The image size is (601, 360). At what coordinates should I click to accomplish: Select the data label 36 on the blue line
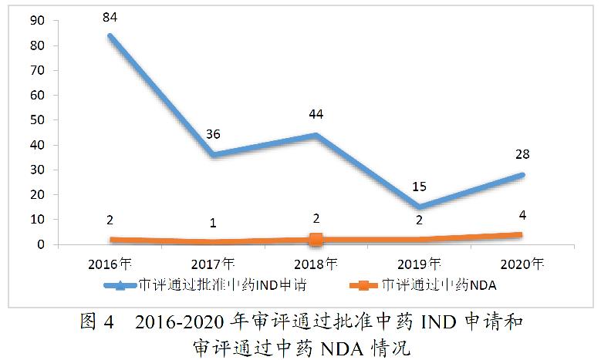pos(213,133)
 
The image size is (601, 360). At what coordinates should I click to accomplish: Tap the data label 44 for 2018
pos(316,113)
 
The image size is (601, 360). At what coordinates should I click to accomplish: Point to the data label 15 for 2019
pos(417,186)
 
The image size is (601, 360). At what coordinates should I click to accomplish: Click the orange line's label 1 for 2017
pos(213,224)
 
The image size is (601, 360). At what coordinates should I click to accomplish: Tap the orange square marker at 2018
pos(316,240)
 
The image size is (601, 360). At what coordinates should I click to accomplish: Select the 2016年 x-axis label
pos(110,263)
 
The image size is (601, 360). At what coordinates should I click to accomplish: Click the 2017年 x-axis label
pos(213,263)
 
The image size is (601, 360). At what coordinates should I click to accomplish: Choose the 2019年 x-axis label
pos(417,263)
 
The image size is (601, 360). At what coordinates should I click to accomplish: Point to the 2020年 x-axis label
pos(520,263)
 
